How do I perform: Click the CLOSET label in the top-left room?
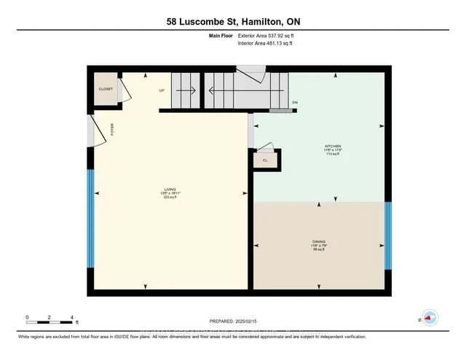[x=106, y=89]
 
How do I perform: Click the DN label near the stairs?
[x=295, y=103]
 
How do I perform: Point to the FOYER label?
[x=112, y=130]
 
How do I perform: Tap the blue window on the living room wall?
[x=90, y=218]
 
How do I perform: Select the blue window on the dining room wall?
[x=388, y=235]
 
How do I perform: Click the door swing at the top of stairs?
[x=251, y=73]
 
